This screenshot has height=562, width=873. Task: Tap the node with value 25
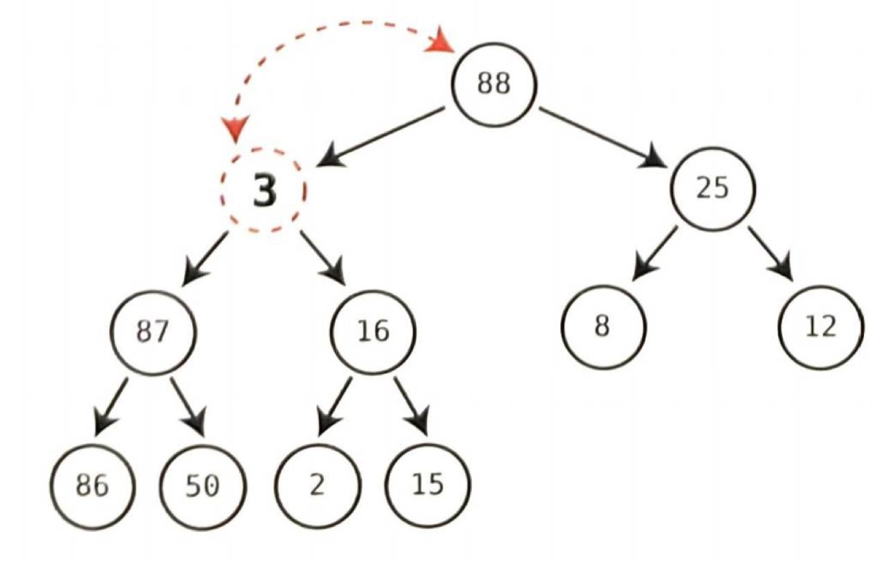713,189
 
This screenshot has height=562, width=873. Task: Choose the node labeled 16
374,332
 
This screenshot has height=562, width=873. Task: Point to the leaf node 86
92,485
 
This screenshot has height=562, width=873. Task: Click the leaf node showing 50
203,485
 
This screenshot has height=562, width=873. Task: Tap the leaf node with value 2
316,485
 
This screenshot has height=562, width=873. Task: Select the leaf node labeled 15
428,485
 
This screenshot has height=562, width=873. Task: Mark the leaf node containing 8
603,326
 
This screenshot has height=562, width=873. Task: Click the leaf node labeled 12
821,326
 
